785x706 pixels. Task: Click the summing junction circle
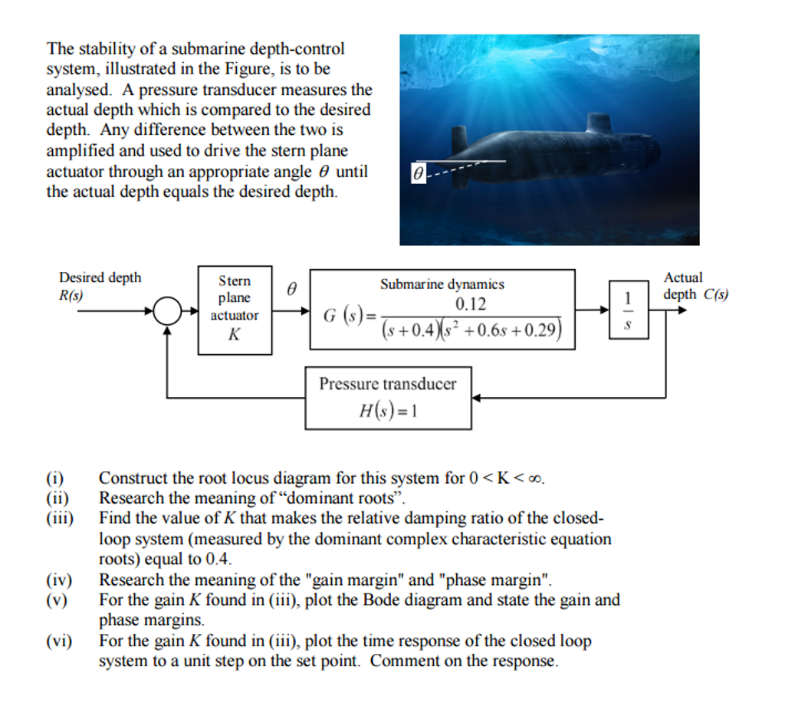(x=168, y=311)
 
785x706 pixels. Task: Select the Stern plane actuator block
(x=235, y=310)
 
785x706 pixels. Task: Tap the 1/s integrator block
(x=629, y=310)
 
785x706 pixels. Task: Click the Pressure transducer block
(x=388, y=397)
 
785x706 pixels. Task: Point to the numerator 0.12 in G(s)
(x=471, y=304)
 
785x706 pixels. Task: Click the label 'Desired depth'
(x=100, y=277)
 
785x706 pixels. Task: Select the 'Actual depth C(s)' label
(x=695, y=287)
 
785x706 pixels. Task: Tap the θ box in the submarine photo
(x=417, y=174)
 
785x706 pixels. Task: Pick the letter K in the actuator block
(x=235, y=334)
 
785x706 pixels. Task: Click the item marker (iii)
(x=60, y=519)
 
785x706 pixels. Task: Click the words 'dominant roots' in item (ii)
(x=353, y=498)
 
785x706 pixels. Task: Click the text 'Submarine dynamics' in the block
(x=442, y=284)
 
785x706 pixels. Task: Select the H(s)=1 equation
(x=388, y=411)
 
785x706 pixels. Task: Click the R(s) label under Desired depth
(x=72, y=294)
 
